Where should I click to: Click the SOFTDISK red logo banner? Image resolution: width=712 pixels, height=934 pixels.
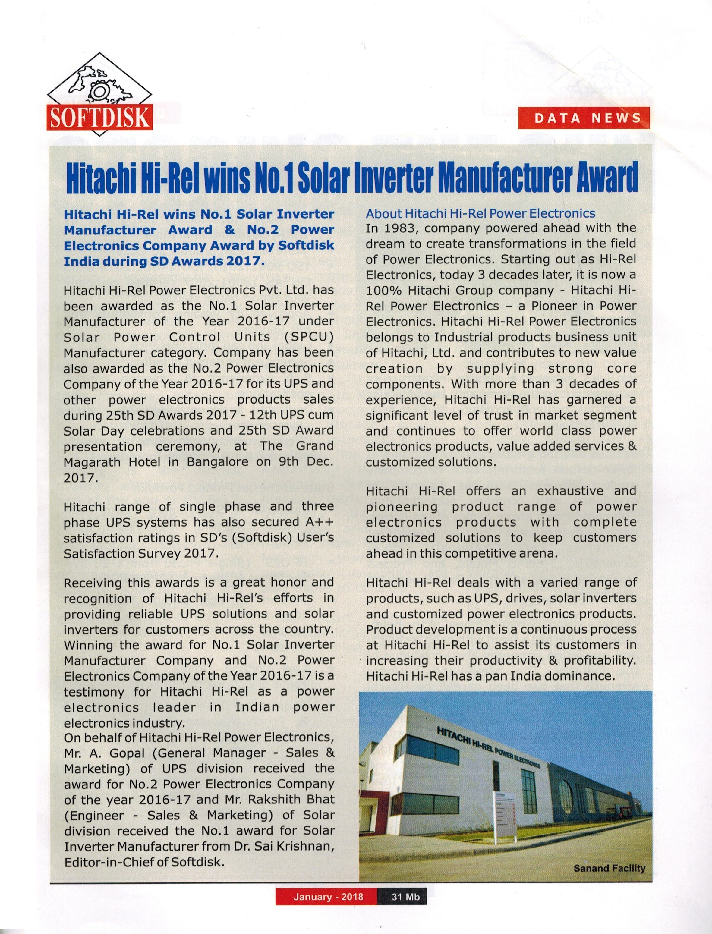100,117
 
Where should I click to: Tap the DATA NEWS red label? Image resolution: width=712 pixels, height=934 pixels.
584,118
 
